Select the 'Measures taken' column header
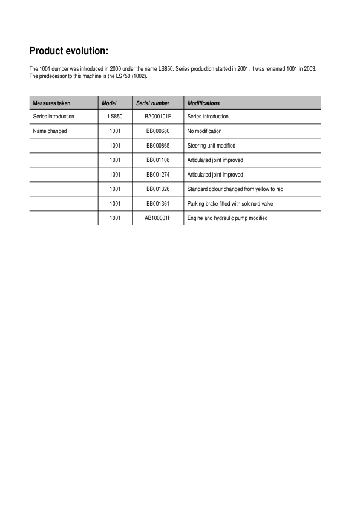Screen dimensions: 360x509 (51, 103)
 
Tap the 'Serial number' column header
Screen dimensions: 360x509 (153, 103)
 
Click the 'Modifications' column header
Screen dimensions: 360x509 (203, 103)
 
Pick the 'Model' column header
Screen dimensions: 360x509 (109, 103)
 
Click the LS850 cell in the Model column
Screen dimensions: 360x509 (115, 117)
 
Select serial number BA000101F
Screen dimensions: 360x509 (158, 117)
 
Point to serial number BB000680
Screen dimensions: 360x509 (158, 131)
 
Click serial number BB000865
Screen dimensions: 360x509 (158, 146)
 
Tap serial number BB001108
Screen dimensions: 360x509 (158, 160)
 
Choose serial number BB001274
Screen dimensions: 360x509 (158, 175)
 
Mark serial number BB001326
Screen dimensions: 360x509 (158, 189)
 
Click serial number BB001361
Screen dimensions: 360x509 (158, 204)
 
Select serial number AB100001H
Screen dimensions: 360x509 (158, 218)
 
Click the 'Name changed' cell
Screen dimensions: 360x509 (50, 131)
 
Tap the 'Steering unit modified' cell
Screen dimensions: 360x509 (211, 146)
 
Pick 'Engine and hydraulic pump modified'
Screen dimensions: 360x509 (227, 218)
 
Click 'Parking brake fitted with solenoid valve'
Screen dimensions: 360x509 (231, 204)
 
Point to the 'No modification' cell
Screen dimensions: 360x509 (205, 131)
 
